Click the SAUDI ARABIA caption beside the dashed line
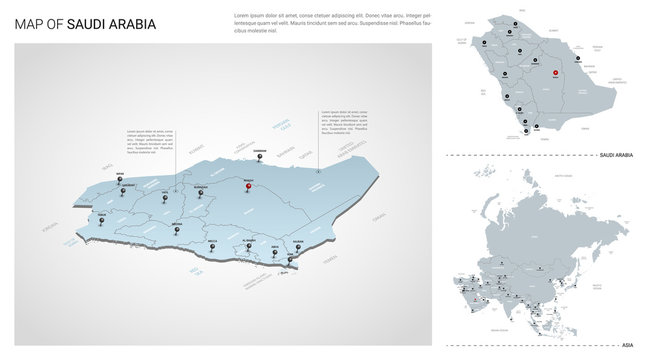613,156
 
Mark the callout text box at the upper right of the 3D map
345,122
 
